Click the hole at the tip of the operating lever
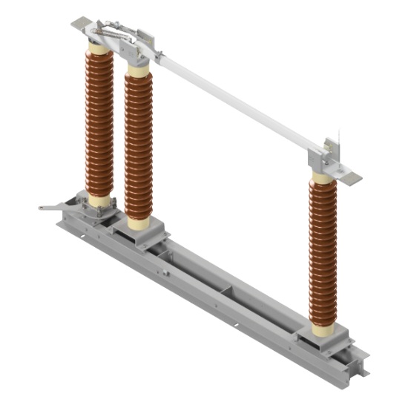(x=43, y=208)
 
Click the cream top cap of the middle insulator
(x=138, y=68)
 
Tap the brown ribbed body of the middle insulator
(x=139, y=145)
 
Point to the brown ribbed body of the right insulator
(x=323, y=252)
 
